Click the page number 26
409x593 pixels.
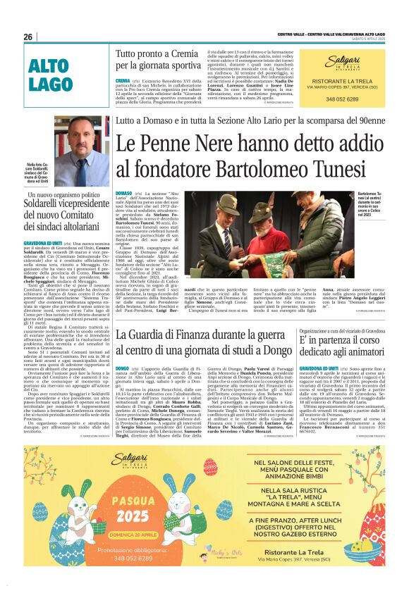click(x=28, y=37)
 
